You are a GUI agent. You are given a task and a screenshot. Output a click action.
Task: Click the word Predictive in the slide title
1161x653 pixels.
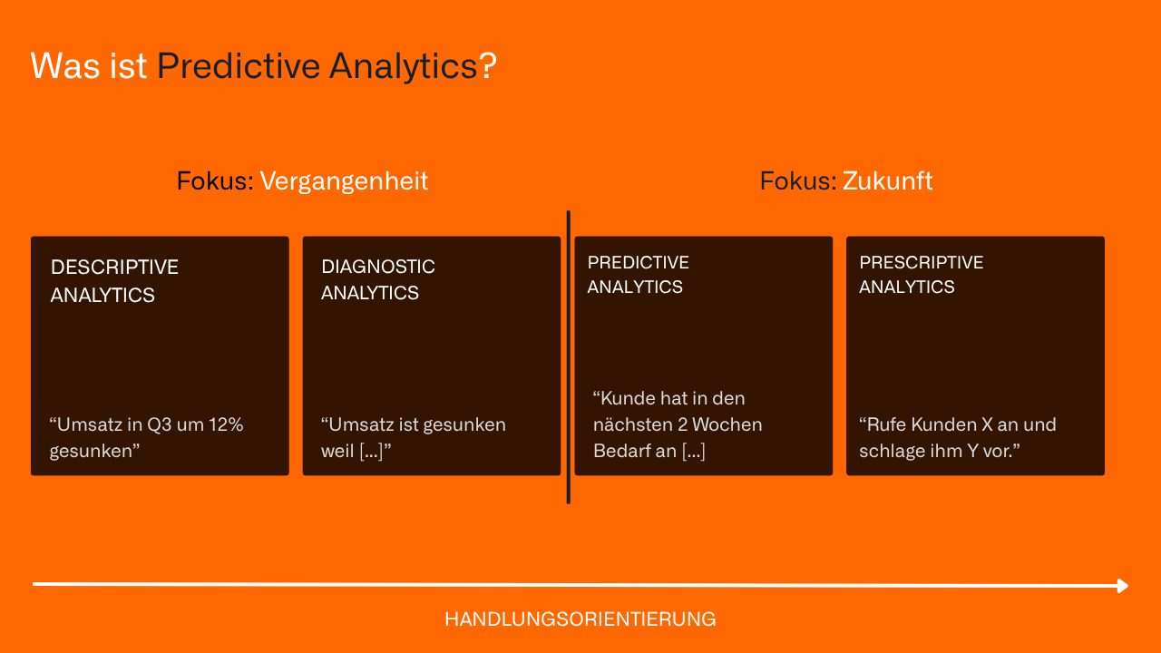point(238,66)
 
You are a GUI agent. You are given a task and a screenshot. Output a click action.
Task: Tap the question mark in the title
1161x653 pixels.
point(488,66)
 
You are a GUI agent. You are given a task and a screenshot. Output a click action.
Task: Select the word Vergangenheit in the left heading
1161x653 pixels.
point(344,181)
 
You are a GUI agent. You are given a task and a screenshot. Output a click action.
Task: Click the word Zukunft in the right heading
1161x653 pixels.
point(887,181)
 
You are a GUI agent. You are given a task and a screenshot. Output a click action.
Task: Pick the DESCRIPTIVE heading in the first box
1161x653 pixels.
point(114,268)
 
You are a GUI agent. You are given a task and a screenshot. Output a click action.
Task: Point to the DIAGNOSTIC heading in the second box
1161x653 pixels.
point(377,267)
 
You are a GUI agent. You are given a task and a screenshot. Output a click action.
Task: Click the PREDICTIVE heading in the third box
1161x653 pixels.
point(638,263)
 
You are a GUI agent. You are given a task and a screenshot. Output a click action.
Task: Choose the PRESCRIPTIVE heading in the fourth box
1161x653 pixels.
point(921,263)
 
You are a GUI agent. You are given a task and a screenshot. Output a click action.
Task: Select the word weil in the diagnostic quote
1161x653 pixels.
point(337,451)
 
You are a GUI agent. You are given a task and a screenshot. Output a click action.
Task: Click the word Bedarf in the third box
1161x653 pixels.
point(622,451)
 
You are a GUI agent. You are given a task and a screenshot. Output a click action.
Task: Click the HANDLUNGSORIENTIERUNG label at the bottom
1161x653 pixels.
point(580,619)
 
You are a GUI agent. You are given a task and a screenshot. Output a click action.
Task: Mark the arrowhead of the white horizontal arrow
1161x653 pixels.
point(1123,586)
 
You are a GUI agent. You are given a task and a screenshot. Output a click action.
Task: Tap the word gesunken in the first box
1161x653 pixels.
point(91,451)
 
